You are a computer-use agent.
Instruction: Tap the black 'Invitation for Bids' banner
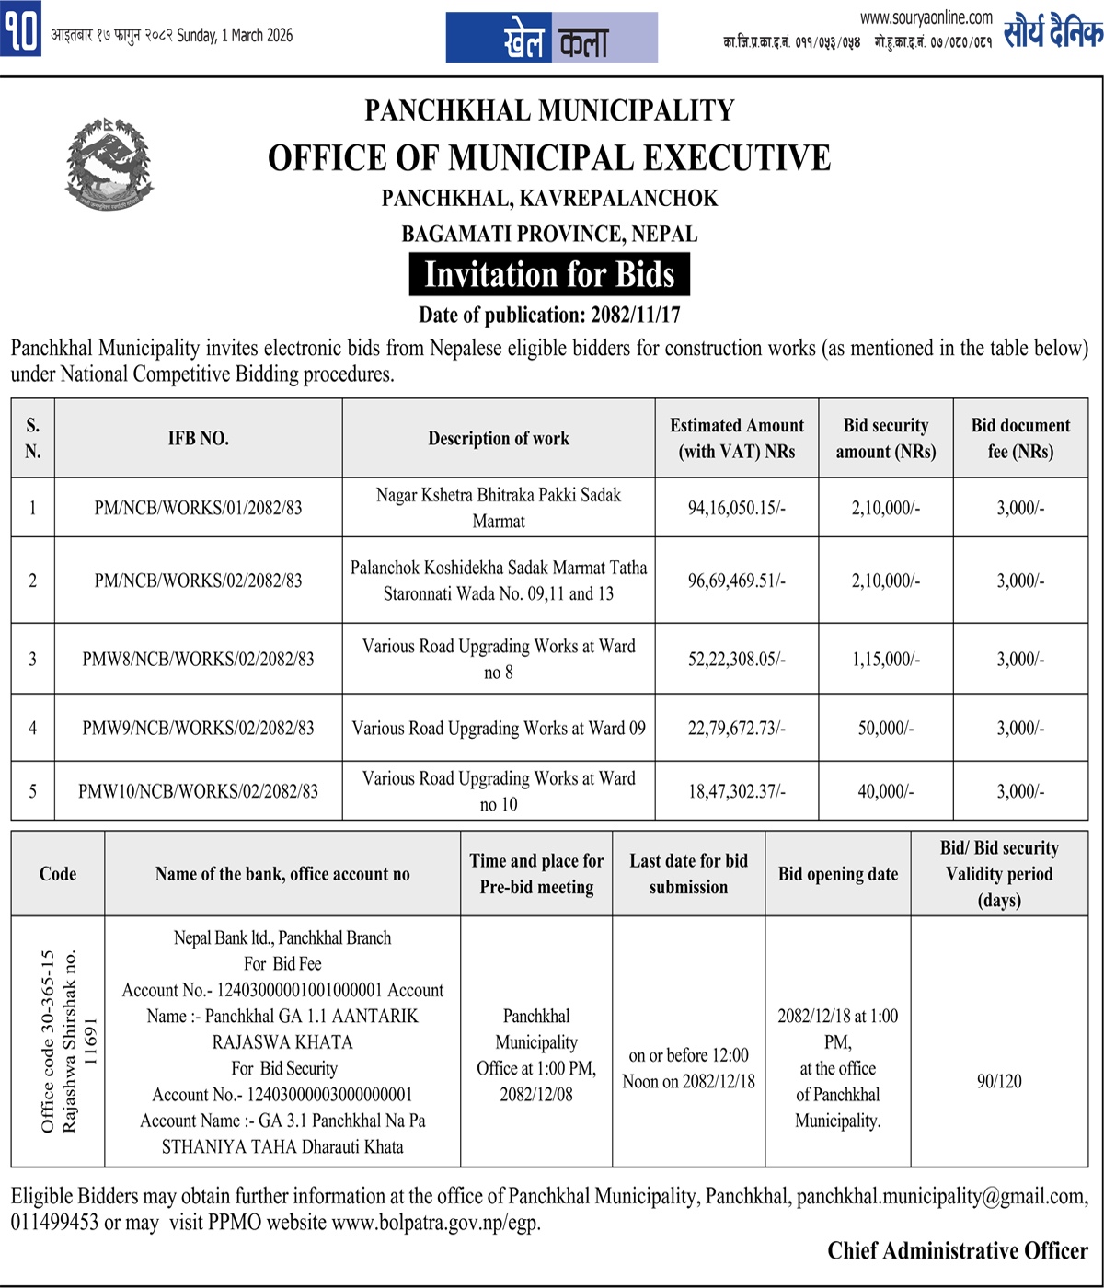pyautogui.click(x=549, y=275)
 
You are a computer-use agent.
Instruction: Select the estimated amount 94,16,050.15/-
pyautogui.click(x=737, y=507)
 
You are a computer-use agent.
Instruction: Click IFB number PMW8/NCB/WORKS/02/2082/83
pyautogui.click(x=198, y=659)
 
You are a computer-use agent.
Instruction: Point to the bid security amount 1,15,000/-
pyautogui.click(x=885, y=659)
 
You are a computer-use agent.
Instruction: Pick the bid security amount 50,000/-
pyautogui.click(x=885, y=728)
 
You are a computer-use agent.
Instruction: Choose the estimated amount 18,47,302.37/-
pyautogui.click(x=737, y=790)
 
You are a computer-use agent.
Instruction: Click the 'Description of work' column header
pyautogui.click(x=499, y=438)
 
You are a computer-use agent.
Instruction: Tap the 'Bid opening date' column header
pyautogui.click(x=838, y=873)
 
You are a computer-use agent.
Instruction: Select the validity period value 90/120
pyautogui.click(x=999, y=1081)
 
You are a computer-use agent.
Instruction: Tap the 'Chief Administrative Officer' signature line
pyautogui.click(x=957, y=1251)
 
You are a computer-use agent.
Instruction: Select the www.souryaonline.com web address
pyautogui.click(x=926, y=17)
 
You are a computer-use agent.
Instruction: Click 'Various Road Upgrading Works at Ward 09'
pyautogui.click(x=499, y=728)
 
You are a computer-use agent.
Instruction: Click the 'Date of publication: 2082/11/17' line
pyautogui.click(x=549, y=316)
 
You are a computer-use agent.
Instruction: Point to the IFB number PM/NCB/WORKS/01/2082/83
pyautogui.click(x=198, y=507)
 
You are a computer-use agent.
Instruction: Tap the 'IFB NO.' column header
pyautogui.click(x=198, y=438)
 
